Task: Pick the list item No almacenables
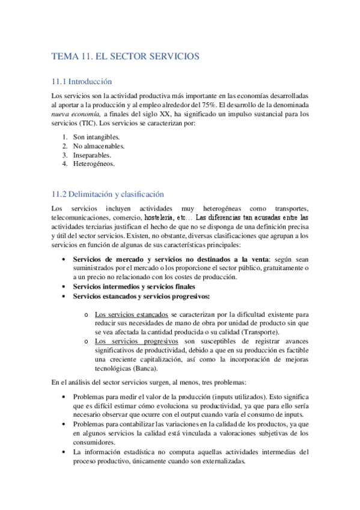click(99, 146)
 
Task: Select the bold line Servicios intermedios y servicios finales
click(139, 287)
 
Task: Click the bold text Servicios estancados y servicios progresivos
click(141, 296)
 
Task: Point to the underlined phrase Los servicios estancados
click(132, 314)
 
